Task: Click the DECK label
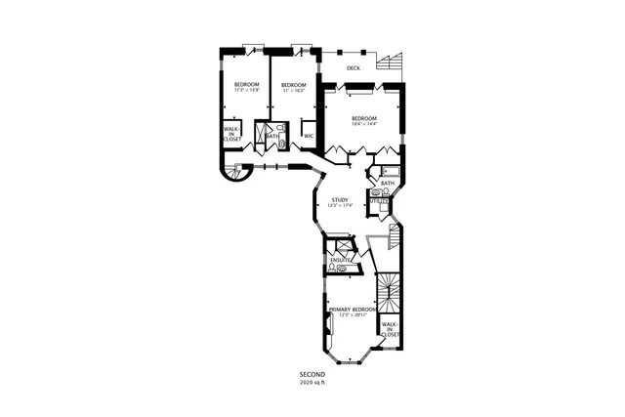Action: [x=353, y=68]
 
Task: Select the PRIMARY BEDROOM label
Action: [x=353, y=309]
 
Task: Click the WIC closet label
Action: [x=309, y=136]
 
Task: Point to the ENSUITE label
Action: [x=341, y=259]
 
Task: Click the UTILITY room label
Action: [x=379, y=201]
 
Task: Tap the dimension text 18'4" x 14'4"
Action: [x=363, y=123]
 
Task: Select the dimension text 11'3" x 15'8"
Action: [x=246, y=91]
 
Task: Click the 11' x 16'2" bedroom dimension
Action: [x=294, y=91]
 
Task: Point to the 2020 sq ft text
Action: [x=312, y=383]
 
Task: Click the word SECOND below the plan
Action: [x=312, y=375]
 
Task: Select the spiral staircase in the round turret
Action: [x=234, y=174]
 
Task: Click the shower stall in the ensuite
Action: [x=339, y=246]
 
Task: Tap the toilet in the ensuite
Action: [x=334, y=267]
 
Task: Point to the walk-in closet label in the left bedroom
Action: [x=232, y=134]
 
